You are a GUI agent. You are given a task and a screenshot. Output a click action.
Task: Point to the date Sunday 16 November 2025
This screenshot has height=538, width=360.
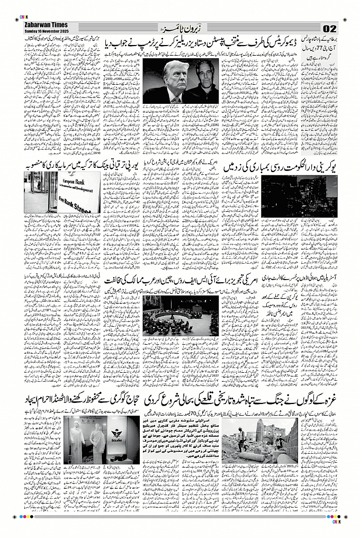click(x=47, y=31)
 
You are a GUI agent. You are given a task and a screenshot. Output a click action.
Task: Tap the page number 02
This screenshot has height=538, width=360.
click(x=329, y=28)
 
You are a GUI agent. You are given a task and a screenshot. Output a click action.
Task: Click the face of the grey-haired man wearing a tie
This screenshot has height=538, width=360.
click(x=175, y=77)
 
